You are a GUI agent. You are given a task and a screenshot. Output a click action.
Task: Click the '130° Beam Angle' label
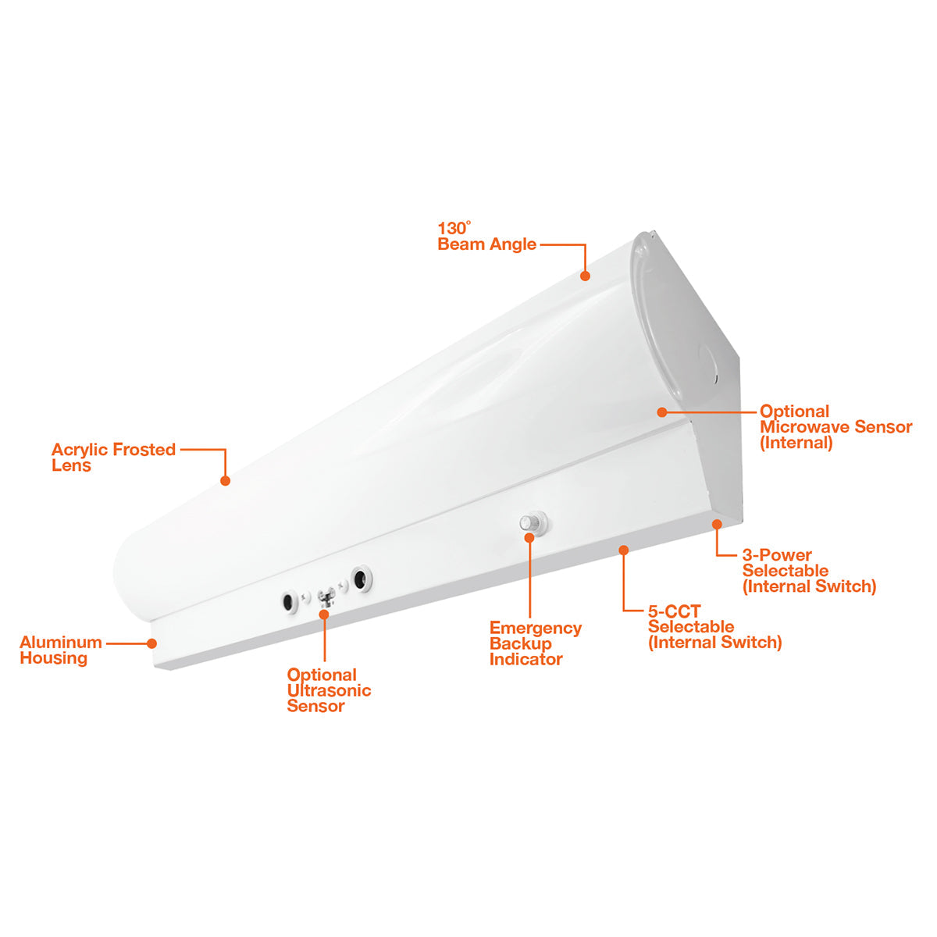pyautogui.click(x=486, y=237)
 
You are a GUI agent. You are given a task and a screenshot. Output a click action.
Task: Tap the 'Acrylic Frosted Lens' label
pyautogui.click(x=113, y=457)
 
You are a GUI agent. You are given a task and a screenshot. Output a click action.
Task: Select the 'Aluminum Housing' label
pyautogui.click(x=61, y=650)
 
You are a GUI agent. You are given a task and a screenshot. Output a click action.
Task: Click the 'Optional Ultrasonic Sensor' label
pyautogui.click(x=329, y=690)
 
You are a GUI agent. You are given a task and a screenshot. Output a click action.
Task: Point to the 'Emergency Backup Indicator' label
pyautogui.click(x=536, y=643)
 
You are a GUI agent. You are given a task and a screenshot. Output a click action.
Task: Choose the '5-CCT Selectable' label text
pyautogui.click(x=690, y=618)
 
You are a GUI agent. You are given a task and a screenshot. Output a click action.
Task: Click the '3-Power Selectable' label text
pyautogui.click(x=785, y=562)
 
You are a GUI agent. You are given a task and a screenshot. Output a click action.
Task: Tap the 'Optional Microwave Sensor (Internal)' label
pyautogui.click(x=835, y=427)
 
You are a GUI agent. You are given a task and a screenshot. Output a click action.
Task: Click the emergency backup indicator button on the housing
pyautogui.click(x=533, y=522)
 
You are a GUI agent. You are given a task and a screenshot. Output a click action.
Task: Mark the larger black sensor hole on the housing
pyautogui.click(x=362, y=579)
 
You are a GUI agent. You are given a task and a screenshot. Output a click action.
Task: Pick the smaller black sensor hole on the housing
pyautogui.click(x=289, y=603)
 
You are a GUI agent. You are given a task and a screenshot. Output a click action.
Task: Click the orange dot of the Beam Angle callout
pyautogui.click(x=586, y=276)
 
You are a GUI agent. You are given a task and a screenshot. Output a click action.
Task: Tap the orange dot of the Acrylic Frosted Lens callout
pyautogui.click(x=225, y=481)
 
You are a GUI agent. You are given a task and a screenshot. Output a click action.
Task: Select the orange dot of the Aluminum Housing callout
pyautogui.click(x=151, y=643)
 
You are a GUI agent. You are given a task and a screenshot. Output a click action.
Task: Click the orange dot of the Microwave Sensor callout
pyautogui.click(x=662, y=412)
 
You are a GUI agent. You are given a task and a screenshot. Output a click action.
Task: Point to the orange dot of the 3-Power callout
pyautogui.click(x=717, y=524)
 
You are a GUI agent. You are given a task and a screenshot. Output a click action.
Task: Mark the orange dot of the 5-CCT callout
pyautogui.click(x=624, y=550)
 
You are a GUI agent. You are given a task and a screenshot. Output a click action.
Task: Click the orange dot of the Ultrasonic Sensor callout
pyautogui.click(x=324, y=615)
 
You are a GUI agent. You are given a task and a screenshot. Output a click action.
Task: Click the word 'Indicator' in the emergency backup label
pyautogui.click(x=526, y=659)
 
